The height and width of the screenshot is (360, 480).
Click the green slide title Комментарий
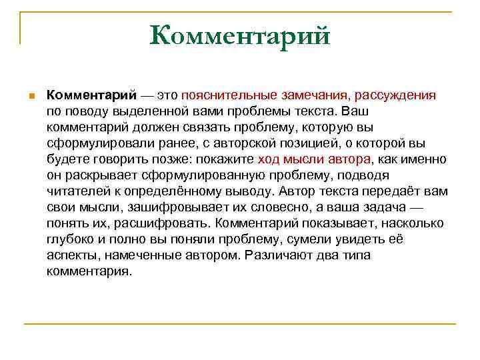tap(240, 35)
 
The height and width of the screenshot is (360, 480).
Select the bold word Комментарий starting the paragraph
tap(91, 95)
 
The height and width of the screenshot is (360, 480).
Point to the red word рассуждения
tap(398, 95)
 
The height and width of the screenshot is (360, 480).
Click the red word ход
tap(267, 159)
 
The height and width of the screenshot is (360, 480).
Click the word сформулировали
tap(93, 143)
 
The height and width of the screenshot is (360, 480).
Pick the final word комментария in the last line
tap(89, 271)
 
